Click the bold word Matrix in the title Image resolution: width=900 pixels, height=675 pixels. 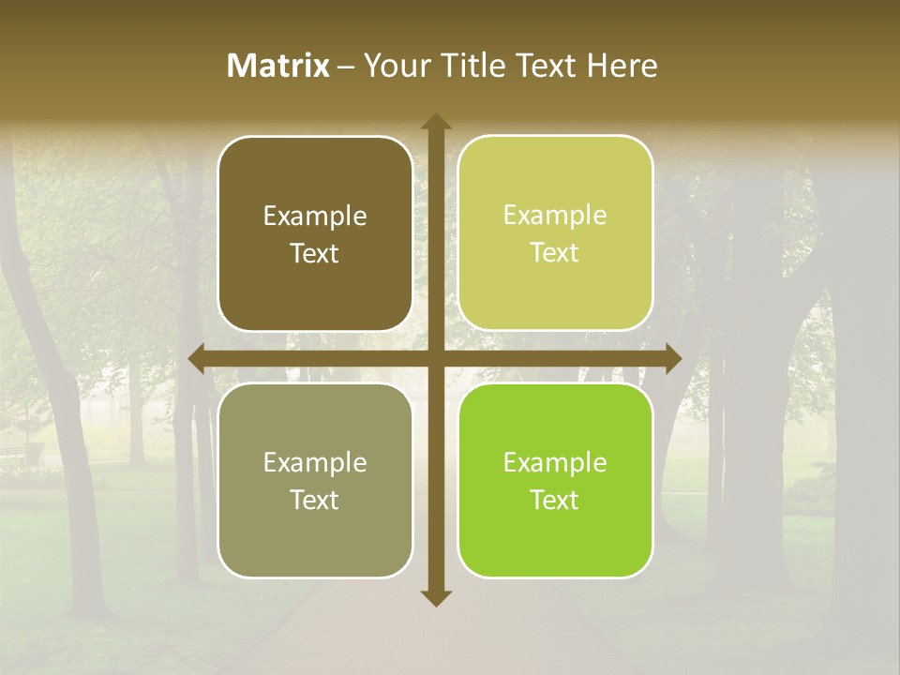click(278, 66)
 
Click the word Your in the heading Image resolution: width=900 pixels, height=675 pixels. click(397, 66)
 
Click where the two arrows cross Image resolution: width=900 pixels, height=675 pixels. click(436, 359)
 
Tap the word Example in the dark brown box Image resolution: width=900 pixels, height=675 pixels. click(315, 217)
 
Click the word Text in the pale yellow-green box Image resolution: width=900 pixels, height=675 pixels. click(555, 253)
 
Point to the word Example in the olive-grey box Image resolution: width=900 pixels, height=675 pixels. click(315, 463)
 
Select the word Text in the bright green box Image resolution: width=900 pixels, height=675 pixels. click(555, 500)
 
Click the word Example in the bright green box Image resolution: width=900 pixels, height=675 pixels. click(555, 463)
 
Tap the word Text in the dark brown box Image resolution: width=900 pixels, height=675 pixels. click(315, 254)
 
